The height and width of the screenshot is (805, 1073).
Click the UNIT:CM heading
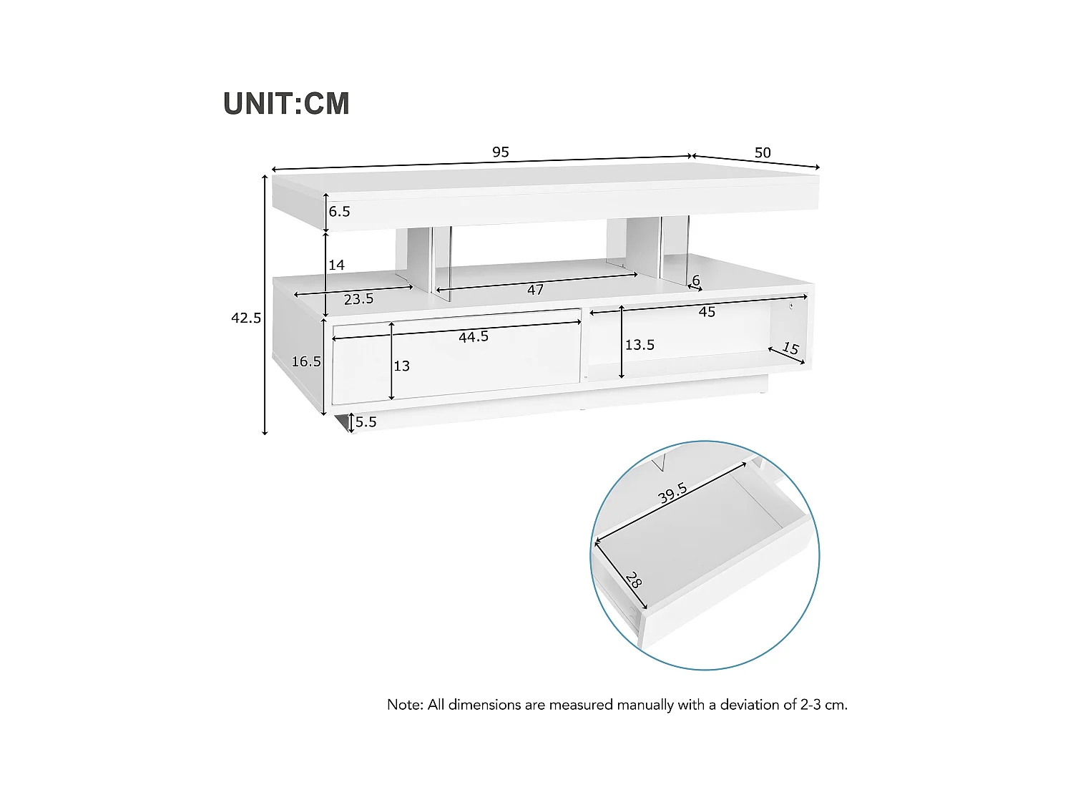click(x=286, y=104)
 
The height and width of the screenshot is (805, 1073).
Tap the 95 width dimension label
click(x=501, y=152)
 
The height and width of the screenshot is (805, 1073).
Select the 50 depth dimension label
click(x=763, y=152)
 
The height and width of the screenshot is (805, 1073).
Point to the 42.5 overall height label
click(x=246, y=318)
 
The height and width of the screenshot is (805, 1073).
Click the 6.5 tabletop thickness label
click(x=340, y=211)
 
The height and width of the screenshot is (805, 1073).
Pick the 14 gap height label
click(x=336, y=265)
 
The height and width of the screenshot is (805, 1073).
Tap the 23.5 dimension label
click(x=358, y=299)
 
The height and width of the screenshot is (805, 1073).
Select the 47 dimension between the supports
click(x=535, y=289)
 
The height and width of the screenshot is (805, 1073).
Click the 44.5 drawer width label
click(x=474, y=336)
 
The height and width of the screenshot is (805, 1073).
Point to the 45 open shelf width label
click(x=707, y=312)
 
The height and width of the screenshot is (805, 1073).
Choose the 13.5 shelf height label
click(x=640, y=345)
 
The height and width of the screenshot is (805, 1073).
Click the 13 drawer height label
click(x=402, y=366)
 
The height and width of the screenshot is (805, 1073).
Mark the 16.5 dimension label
click(x=306, y=362)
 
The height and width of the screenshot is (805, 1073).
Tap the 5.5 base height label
click(x=366, y=422)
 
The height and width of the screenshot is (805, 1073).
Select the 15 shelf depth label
click(x=790, y=348)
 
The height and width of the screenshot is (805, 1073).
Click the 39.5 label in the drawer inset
click(x=673, y=493)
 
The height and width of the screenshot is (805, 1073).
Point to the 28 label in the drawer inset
click(x=633, y=580)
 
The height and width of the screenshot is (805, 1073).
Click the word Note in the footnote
click(x=404, y=705)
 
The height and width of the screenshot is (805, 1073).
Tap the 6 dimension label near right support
click(x=696, y=280)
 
